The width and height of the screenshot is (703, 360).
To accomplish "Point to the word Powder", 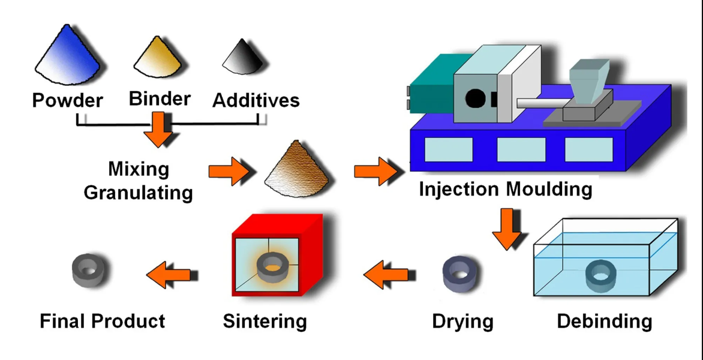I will click(x=68, y=100).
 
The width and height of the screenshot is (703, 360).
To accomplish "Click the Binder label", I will click(x=160, y=98).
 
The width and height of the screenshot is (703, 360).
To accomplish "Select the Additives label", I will click(x=256, y=100).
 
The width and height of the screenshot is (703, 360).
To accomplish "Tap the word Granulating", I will click(x=139, y=193).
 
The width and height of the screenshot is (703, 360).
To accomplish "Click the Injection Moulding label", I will click(x=506, y=189).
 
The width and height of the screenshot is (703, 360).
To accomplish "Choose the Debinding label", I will click(x=604, y=321).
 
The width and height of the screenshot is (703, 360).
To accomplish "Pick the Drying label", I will click(x=462, y=321).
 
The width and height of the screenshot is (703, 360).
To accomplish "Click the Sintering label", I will click(x=265, y=321).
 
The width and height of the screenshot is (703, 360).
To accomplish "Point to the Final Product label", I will click(x=103, y=321).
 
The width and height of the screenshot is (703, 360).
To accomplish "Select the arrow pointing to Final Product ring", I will click(x=170, y=274).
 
